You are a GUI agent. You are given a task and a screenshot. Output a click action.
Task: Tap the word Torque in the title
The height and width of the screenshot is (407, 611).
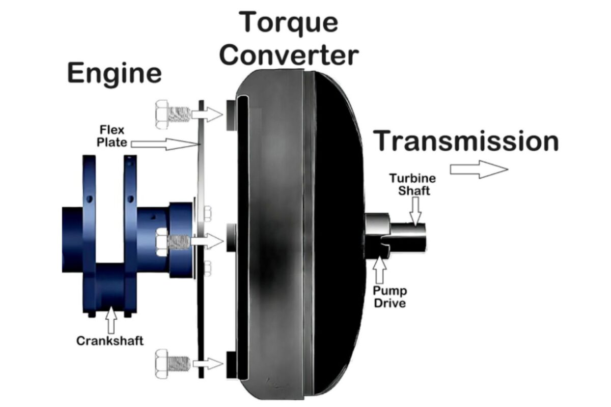coord(289,23)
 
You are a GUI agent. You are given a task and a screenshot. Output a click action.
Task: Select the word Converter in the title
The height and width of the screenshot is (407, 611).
coord(289,55)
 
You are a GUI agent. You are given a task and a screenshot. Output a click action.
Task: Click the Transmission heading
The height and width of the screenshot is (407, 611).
coord(466,141)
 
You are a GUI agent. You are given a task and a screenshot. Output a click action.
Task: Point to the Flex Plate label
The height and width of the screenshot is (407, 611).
coord(112,136)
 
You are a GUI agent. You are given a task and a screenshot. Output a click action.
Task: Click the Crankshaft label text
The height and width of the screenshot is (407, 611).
coord(109,341)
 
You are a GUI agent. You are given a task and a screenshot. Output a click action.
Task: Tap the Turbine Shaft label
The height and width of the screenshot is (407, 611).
coord(413,184)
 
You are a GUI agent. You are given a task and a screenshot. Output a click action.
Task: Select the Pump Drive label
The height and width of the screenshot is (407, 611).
coord(390,297)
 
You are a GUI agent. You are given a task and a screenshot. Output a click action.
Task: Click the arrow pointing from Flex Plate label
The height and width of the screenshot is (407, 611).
coord(165,143)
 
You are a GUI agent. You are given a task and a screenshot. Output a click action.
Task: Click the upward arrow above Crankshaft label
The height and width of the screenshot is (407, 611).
coord(111,320)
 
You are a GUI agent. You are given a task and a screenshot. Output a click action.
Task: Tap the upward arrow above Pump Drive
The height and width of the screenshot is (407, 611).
coord(379,270)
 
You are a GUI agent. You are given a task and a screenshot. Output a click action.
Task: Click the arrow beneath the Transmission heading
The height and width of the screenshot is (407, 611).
coord(479,169)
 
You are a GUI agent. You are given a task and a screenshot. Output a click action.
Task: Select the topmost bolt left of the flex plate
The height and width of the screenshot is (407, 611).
coord(173,114)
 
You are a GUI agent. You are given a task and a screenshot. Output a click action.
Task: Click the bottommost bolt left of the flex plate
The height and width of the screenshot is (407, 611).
coord(173,364)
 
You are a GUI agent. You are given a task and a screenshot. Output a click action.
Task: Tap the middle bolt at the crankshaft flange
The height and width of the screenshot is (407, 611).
coord(173,242)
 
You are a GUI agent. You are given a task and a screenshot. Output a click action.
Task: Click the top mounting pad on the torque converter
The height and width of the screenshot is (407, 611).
coord(231,115)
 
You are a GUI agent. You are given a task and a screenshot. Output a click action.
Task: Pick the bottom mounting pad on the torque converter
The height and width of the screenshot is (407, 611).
coord(231,365)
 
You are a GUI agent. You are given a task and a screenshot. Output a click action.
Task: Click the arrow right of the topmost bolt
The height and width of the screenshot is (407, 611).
coord(207,114)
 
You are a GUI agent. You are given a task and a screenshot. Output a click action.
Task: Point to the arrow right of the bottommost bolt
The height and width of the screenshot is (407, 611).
coord(208,364)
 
